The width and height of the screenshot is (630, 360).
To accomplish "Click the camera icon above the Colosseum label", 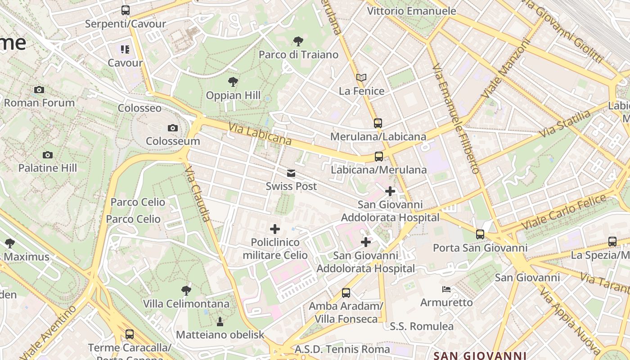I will pyautogui.click(x=172, y=128).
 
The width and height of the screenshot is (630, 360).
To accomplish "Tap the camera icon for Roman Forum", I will pyautogui.click(x=39, y=90).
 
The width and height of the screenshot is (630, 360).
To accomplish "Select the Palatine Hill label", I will pyautogui.click(x=48, y=168).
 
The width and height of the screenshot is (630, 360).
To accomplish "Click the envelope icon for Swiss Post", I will pyautogui.click(x=291, y=173).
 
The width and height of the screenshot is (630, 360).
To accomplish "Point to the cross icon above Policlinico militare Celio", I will pyautogui.click(x=275, y=229).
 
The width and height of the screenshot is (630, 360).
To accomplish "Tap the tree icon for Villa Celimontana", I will pyautogui.click(x=186, y=291).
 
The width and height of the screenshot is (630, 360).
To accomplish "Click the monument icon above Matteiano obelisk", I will pyautogui.click(x=220, y=321).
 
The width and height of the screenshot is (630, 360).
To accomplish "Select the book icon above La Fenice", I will pyautogui.click(x=361, y=77).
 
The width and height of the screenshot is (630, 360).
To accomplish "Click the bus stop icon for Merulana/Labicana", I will pyautogui.click(x=378, y=123).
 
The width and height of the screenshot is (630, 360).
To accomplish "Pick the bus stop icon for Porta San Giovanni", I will pyautogui.click(x=480, y=234).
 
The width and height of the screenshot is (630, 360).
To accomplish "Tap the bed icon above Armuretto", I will pyautogui.click(x=446, y=289).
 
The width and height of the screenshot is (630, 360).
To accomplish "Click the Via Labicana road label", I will pyautogui.click(x=260, y=134).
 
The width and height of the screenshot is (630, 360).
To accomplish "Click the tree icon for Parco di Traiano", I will pyautogui.click(x=298, y=41).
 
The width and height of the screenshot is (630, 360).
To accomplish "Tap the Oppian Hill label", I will pyautogui.click(x=233, y=95).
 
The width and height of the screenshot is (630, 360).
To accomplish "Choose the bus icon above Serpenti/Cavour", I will pyautogui.click(x=126, y=10).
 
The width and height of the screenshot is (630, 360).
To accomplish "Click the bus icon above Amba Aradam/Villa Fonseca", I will pyautogui.click(x=346, y=293).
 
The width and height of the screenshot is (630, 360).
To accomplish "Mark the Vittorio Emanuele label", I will pyautogui.click(x=411, y=11).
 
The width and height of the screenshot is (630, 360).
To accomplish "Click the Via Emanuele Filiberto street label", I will pyautogui.click(x=455, y=118).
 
